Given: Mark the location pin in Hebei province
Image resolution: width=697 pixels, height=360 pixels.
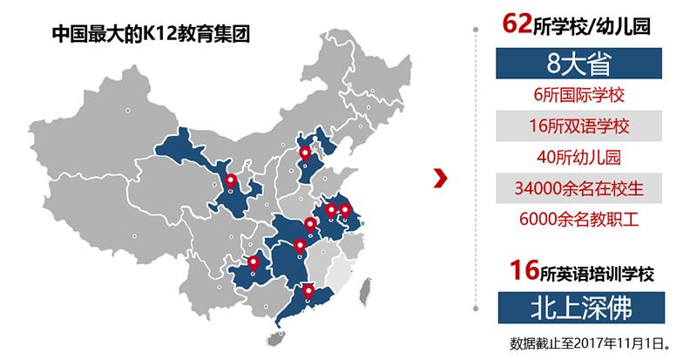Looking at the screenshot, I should click(x=305, y=154).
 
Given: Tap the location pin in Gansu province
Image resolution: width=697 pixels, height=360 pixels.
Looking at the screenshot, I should click(x=230, y=182).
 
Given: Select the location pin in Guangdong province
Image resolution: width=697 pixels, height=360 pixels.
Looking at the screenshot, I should click(x=308, y=292).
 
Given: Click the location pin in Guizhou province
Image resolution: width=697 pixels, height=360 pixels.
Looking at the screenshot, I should click(x=254, y=262).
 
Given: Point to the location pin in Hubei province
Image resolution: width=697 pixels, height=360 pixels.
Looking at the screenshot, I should click(x=300, y=246).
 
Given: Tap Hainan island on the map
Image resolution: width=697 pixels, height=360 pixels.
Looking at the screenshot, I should click(x=279, y=332).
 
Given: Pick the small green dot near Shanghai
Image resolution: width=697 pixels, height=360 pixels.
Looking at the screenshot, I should click(x=363, y=225).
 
